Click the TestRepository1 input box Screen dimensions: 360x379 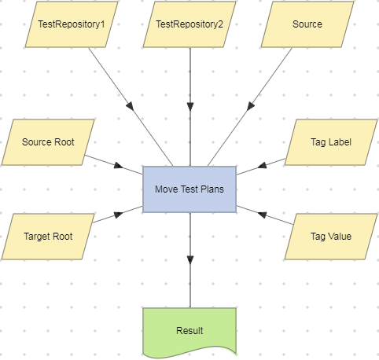click(x=72, y=24)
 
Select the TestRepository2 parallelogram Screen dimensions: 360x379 click(x=189, y=24)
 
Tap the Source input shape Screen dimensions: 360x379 click(x=307, y=24)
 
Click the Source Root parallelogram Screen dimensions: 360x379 click(x=48, y=142)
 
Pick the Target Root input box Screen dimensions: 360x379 click(x=48, y=236)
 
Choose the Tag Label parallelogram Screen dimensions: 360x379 click(x=330, y=142)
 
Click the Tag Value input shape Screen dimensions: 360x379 click(x=330, y=236)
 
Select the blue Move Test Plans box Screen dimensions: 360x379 click(x=189, y=189)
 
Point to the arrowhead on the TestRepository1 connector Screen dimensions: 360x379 click(x=130, y=106)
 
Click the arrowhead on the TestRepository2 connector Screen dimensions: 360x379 click(x=189, y=106)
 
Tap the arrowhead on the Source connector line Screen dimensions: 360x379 click(x=249, y=106)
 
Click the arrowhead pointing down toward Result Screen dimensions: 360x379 click(x=189, y=260)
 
